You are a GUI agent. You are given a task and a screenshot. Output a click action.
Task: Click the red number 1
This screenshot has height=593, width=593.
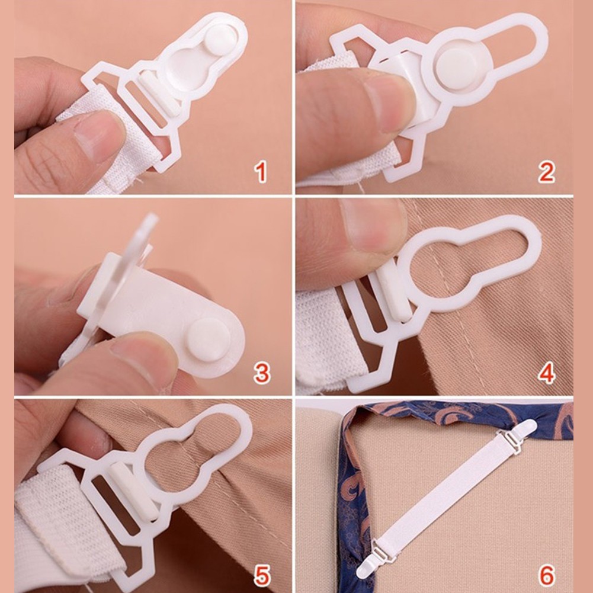tap(260, 172)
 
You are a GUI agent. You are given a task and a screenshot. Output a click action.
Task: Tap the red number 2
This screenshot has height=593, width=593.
tap(546, 172)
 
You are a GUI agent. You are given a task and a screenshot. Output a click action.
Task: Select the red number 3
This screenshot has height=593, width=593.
tap(261, 374)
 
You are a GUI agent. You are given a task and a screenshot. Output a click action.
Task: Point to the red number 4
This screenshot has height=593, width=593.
tap(546, 374)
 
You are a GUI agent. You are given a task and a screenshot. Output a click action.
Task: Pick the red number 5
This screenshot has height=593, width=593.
tap(261, 574)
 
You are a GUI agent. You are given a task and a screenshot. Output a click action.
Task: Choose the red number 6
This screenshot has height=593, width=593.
tap(546, 574)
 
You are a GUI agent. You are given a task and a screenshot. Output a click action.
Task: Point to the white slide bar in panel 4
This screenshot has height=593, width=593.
tap(395, 290)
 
